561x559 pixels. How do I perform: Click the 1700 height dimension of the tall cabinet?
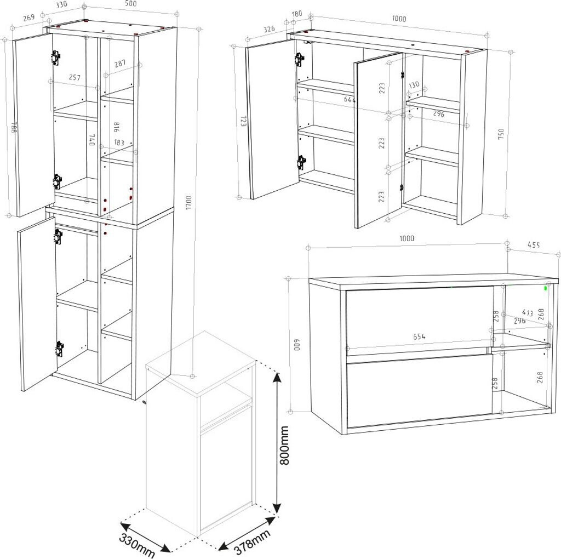tap(189, 203)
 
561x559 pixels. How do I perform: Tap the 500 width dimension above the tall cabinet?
tap(131, 4)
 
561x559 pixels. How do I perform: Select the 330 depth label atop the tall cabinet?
tap(61, 5)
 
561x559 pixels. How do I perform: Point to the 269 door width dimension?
tap(28, 17)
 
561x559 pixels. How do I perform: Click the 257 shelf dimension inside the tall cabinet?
tap(75, 77)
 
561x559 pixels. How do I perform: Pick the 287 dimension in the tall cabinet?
tap(120, 64)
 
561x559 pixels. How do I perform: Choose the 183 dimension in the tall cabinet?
tap(119, 143)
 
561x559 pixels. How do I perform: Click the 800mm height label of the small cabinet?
tap(284, 445)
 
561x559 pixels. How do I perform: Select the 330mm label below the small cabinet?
tap(137, 546)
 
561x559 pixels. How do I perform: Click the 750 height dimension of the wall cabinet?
tap(501, 134)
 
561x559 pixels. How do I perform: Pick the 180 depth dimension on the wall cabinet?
tap(297, 14)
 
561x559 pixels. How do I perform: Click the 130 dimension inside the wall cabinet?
tap(414, 85)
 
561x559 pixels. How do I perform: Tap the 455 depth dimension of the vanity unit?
tap(534, 245)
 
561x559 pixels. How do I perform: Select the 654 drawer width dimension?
tap(419, 336)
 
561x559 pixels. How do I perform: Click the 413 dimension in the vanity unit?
tap(527, 313)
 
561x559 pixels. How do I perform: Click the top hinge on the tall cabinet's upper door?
tap(55, 57)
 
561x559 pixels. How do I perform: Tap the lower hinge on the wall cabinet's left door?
tap(302, 162)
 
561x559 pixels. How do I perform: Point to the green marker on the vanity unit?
tap(546, 288)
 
